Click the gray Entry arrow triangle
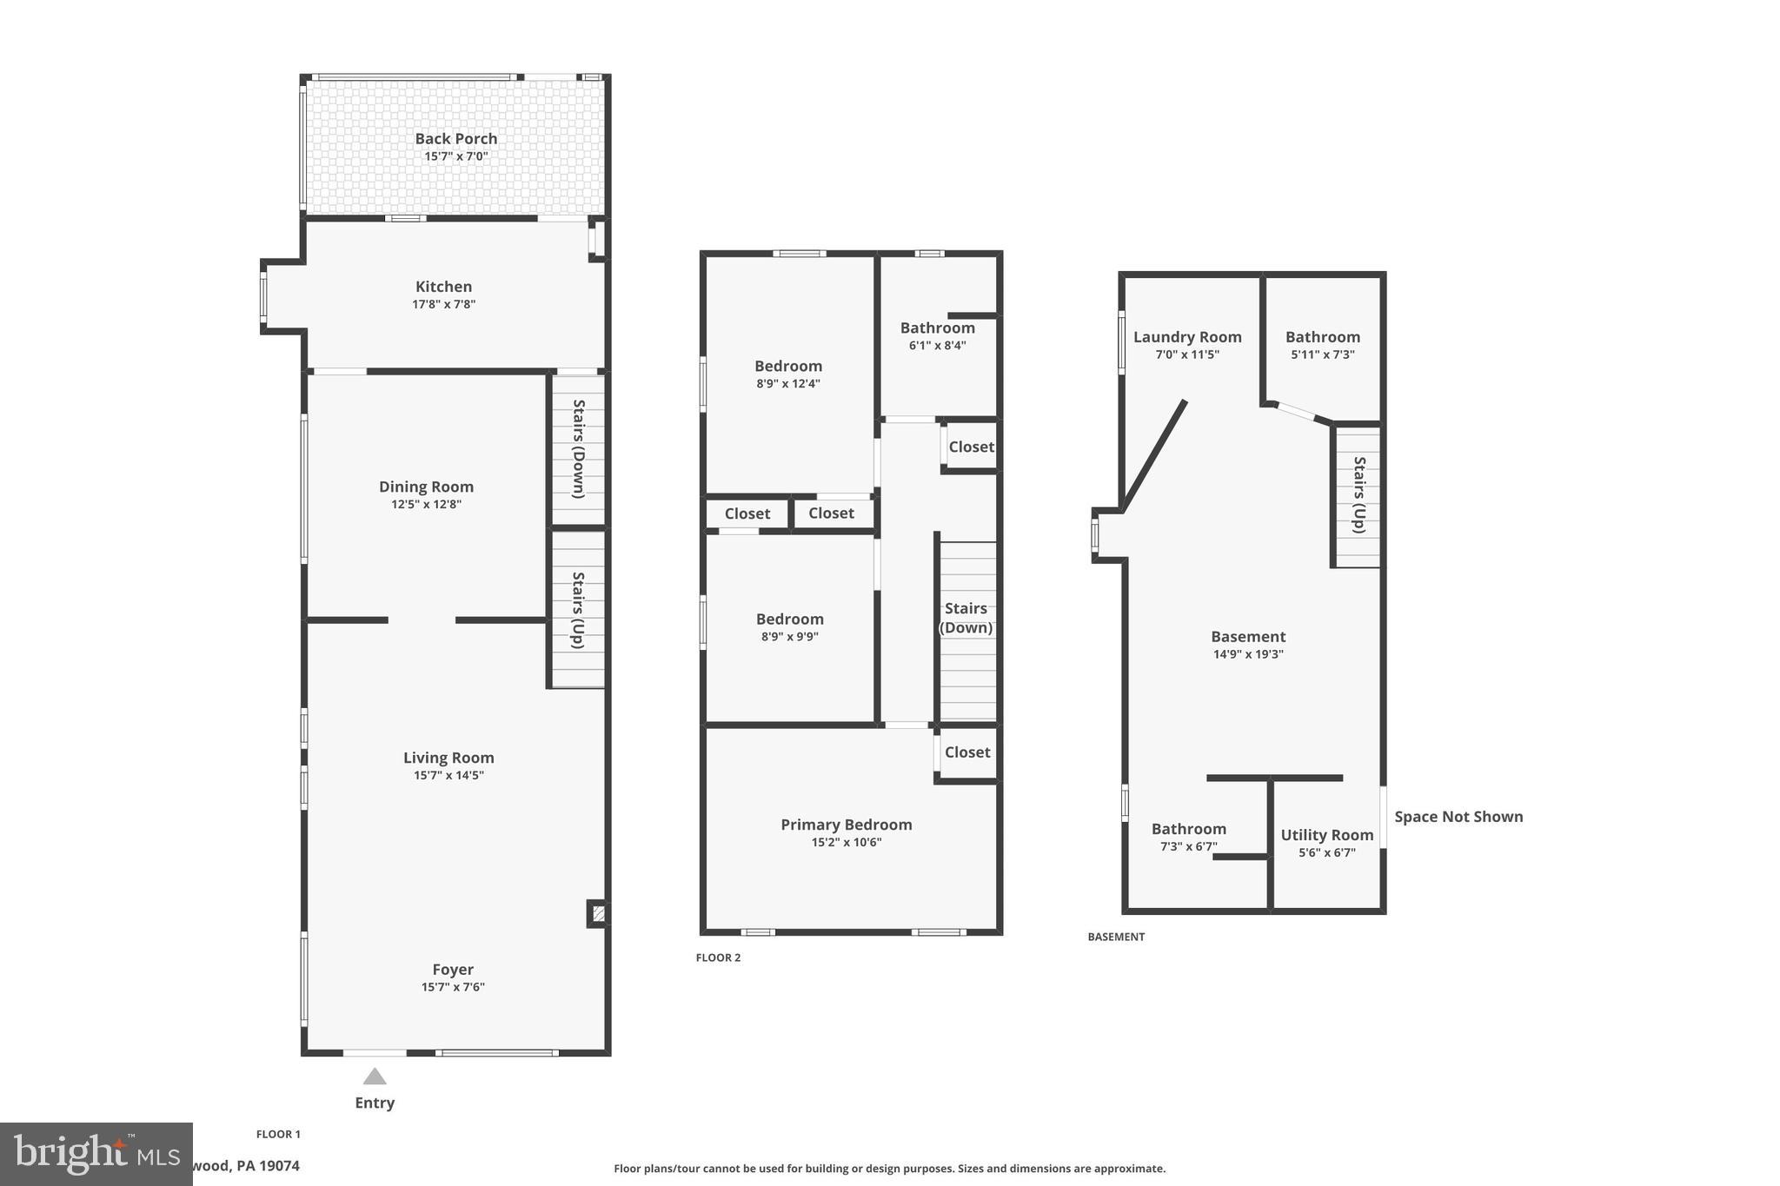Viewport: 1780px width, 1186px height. (375, 1077)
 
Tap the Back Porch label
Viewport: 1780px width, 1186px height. (455, 139)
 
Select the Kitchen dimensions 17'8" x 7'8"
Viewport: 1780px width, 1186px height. (443, 305)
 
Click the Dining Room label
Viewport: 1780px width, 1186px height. (426, 487)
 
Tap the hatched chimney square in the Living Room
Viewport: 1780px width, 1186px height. (598, 913)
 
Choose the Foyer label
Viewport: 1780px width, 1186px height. (453, 970)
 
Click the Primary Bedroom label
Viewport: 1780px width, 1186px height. (846, 825)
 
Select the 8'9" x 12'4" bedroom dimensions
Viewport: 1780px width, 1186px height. (787, 384)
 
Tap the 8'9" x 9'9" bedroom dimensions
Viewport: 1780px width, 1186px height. (789, 637)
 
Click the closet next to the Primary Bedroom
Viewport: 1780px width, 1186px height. (967, 752)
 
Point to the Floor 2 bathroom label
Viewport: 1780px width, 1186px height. (937, 328)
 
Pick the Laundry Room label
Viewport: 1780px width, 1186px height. (1187, 337)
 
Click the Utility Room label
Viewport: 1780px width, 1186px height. (1326, 835)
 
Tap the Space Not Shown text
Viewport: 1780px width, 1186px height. (1458, 817)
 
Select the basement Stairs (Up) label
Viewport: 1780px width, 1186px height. (1359, 495)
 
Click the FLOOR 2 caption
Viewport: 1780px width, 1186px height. (718, 957)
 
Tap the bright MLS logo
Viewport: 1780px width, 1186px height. (96, 1154)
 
